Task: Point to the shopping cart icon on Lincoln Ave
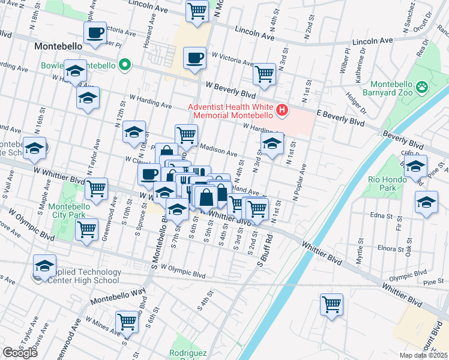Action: point(197,11)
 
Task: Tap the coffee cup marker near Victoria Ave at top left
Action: point(95,33)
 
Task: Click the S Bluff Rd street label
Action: point(265,250)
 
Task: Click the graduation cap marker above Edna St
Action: point(426,202)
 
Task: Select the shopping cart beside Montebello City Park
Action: point(87,229)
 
